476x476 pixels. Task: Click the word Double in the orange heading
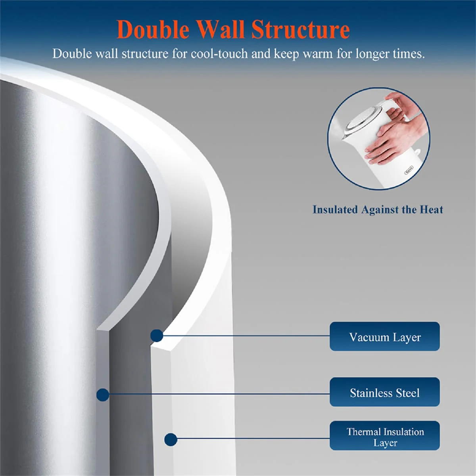coord(153,30)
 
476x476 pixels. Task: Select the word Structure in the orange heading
coord(301,30)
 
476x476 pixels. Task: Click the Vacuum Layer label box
coord(385,336)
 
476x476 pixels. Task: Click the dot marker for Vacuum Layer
coord(157,336)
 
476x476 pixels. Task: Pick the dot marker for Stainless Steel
coord(103,395)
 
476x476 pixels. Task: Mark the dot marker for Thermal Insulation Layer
coord(171,440)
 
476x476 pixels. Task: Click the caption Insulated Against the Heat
coord(378,210)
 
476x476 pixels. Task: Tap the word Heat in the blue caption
coord(431,209)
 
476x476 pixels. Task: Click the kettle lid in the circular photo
coord(360,119)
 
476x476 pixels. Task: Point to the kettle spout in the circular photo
coord(345,137)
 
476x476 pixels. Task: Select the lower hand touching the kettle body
coord(393,143)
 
